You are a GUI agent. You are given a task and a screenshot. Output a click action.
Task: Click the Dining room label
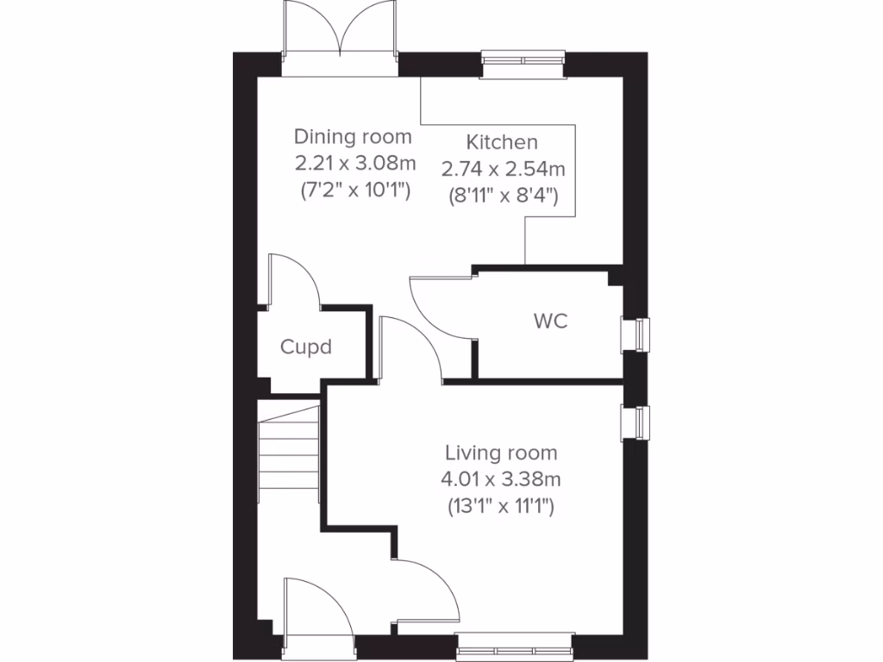pyautogui.click(x=353, y=136)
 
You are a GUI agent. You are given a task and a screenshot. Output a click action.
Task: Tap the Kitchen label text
pyautogui.click(x=502, y=142)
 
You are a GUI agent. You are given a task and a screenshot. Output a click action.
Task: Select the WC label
pyautogui.click(x=550, y=322)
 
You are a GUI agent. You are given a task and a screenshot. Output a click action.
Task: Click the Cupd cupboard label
pyautogui.click(x=306, y=347)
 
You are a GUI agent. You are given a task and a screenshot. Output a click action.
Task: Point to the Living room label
pyautogui.click(x=501, y=453)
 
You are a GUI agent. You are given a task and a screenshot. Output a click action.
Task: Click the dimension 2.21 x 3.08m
pyautogui.click(x=353, y=163)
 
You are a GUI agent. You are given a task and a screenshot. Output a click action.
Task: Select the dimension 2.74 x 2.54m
pyautogui.click(x=502, y=169)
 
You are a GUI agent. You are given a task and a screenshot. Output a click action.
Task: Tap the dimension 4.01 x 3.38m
pyautogui.click(x=501, y=479)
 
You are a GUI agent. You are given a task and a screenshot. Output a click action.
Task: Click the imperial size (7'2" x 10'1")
pyautogui.click(x=353, y=190)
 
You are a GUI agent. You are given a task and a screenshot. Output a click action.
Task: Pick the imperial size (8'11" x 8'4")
pyautogui.click(x=502, y=196)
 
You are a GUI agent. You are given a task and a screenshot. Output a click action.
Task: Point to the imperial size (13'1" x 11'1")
pyautogui.click(x=501, y=506)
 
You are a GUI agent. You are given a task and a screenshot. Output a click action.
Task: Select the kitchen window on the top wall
pyautogui.click(x=523, y=59)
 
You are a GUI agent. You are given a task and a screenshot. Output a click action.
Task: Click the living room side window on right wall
pyautogui.click(x=638, y=423)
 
